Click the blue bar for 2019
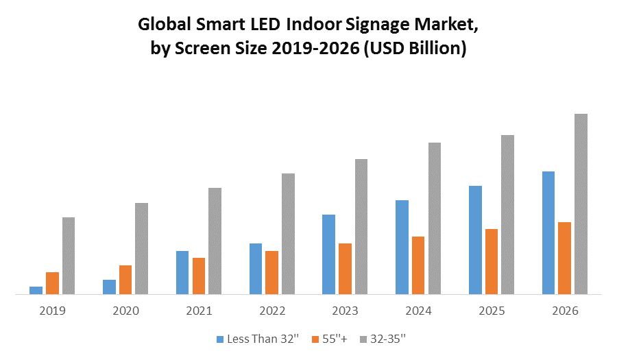36,290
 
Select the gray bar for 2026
581,204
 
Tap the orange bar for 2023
345,268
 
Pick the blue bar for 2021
182,272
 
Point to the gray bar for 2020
141,248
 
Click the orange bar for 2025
492,261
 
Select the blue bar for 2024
402,247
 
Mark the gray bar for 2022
288,233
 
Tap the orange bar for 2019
52,283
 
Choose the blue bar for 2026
548,232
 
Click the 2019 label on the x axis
52,311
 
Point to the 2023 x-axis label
345,311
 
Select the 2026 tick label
565,311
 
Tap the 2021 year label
199,311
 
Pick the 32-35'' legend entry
388,339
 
